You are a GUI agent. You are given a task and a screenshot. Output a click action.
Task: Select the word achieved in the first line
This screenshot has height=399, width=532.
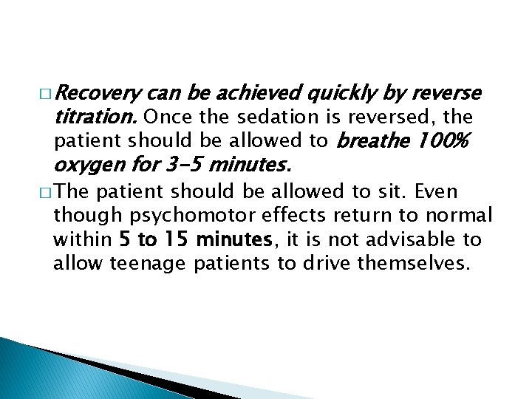[x=255, y=93]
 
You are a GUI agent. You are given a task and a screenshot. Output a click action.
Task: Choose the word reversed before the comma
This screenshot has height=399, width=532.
[x=395, y=116]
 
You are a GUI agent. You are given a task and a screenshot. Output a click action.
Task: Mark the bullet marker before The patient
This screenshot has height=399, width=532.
[x=46, y=193]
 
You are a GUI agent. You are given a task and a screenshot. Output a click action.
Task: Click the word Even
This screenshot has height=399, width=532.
[x=436, y=192]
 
